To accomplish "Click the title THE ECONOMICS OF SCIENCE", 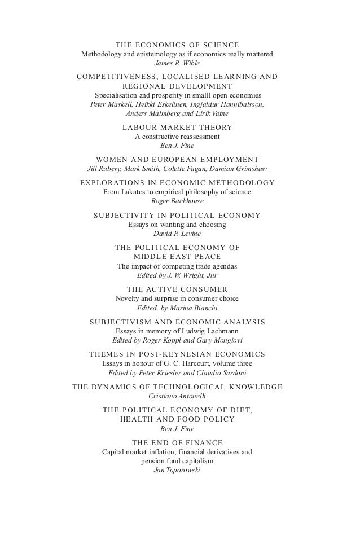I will tap(177, 45).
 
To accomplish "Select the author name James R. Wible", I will tap(177, 63).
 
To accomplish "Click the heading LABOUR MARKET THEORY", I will tap(177, 127).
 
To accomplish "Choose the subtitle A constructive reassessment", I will tap(177, 137).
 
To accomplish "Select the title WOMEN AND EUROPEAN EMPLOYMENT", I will tap(177, 159).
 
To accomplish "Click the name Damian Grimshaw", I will tap(239, 169).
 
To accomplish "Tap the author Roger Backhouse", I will tap(177, 201).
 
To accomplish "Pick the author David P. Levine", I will tap(177, 233).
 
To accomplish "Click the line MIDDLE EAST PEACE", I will tap(177, 256).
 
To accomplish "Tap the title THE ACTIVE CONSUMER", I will tap(177, 288).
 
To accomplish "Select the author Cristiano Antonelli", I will tap(177, 396).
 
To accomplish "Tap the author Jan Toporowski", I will tap(177, 470).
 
